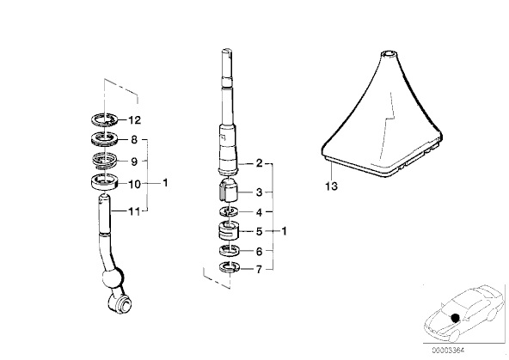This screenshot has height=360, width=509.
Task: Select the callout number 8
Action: (134, 139)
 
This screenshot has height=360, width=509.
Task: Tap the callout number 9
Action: (134, 160)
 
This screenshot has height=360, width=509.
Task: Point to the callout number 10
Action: (134, 182)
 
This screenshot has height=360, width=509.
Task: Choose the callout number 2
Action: (258, 162)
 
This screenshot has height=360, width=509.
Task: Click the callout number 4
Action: (258, 211)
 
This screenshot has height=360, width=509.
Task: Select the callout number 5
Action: (258, 231)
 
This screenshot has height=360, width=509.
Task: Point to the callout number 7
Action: (258, 270)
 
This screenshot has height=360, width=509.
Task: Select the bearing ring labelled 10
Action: (102, 181)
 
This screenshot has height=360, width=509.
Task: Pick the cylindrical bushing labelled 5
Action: (227, 231)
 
